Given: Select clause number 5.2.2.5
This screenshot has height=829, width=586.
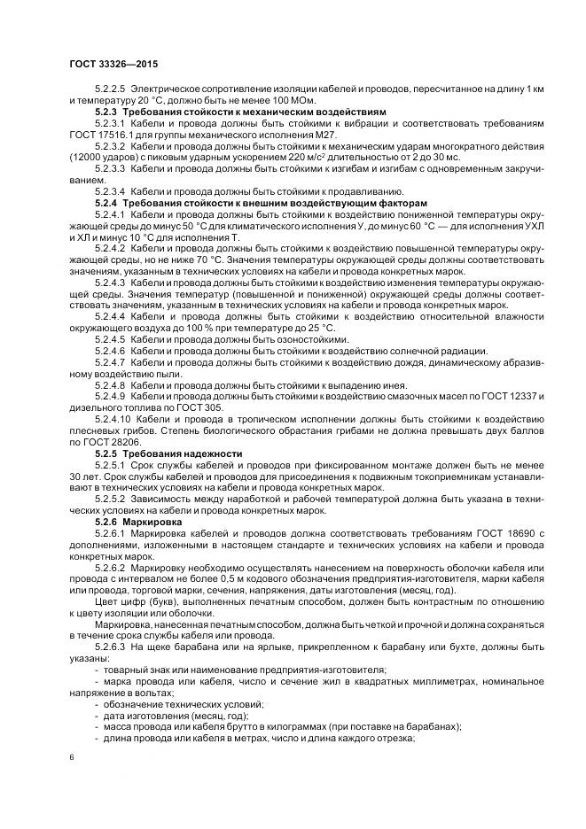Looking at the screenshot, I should pyautogui.click(x=111, y=91).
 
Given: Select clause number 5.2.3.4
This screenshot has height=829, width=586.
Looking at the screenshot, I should pyautogui.click(x=111, y=192).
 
